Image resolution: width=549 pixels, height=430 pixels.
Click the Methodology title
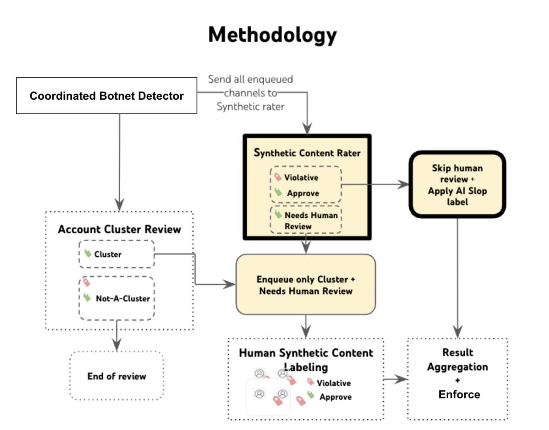click(x=272, y=35)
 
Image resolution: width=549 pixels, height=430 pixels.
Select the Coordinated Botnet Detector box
click(x=107, y=95)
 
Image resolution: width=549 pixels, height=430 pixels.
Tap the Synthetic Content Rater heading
click(x=307, y=152)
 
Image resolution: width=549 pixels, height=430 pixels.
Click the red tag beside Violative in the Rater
click(x=278, y=177)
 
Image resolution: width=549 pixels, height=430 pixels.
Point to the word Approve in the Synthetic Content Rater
click(x=303, y=193)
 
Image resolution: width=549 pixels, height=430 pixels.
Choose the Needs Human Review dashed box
click(x=306, y=220)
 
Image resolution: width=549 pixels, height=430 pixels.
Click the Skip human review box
click(x=457, y=184)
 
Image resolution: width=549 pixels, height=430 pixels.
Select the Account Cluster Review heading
click(x=119, y=229)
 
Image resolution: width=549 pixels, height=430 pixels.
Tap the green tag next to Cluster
click(x=88, y=253)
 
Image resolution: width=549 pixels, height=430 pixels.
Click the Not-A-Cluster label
click(x=123, y=299)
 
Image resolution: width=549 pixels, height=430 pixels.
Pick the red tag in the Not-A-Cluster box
click(x=86, y=282)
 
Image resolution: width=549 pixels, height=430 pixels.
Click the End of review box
click(x=116, y=376)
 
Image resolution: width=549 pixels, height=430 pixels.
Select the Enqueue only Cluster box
click(x=306, y=284)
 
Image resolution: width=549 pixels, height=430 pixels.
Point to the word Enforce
click(x=459, y=394)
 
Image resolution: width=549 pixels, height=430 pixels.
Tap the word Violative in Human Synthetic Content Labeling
click(x=333, y=383)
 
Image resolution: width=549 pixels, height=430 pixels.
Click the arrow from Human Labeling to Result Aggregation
click(x=395, y=379)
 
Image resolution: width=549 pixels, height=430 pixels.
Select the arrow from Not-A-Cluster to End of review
click(x=116, y=336)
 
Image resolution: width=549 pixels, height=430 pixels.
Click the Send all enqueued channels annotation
click(x=250, y=93)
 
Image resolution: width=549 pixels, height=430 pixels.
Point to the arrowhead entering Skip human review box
click(x=403, y=184)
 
